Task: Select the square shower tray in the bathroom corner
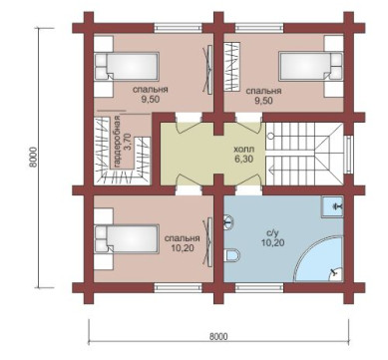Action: pyautogui.click(x=332, y=206)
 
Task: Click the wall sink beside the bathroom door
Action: pyautogui.click(x=228, y=221)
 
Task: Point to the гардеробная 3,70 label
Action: pyautogui.click(x=122, y=144)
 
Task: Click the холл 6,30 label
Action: pyautogui.click(x=243, y=154)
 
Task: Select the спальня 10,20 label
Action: pyautogui.click(x=183, y=242)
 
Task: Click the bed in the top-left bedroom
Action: pyautogui.click(x=127, y=66)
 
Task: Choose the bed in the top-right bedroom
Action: pyautogui.click(x=310, y=66)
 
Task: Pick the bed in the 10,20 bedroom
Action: pyautogui.click(x=127, y=239)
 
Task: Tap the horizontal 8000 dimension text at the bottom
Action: pyautogui.click(x=218, y=336)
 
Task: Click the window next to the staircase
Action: pyautogui.click(x=348, y=154)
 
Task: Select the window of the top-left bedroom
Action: pyautogui.click(x=179, y=28)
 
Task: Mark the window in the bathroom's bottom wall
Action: pyautogui.click(x=259, y=287)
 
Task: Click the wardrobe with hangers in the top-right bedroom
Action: pyautogui.click(x=232, y=66)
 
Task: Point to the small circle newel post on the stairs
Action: pyautogui.click(x=271, y=136)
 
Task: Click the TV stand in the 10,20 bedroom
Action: pyautogui.click(x=209, y=242)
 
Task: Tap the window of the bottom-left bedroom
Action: pyautogui.click(x=179, y=287)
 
